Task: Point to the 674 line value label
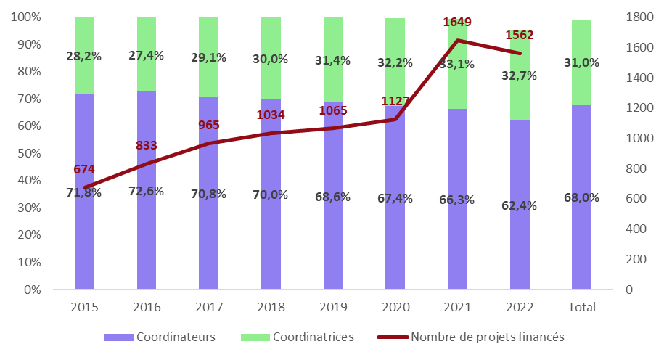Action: [x=84, y=170]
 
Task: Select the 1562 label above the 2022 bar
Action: [x=519, y=35]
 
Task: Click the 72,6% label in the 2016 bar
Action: [x=147, y=192]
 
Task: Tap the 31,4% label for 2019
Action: [x=333, y=62]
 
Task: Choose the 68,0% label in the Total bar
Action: [x=581, y=197]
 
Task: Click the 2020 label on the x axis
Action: [x=395, y=307]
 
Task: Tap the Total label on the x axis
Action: [x=581, y=307]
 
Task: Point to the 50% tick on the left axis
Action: [x=29, y=153]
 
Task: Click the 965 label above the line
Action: [x=209, y=126]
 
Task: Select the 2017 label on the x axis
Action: [x=209, y=307]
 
